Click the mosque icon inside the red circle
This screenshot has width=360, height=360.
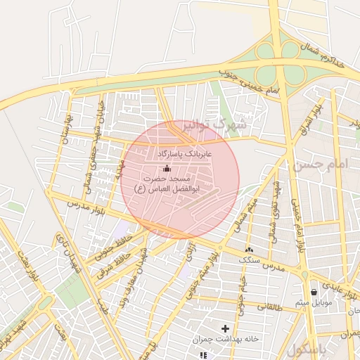167,168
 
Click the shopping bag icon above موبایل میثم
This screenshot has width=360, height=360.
314,291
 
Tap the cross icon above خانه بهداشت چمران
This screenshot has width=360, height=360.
226,328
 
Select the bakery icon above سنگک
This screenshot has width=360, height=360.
248,249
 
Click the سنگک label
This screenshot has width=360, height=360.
248,261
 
